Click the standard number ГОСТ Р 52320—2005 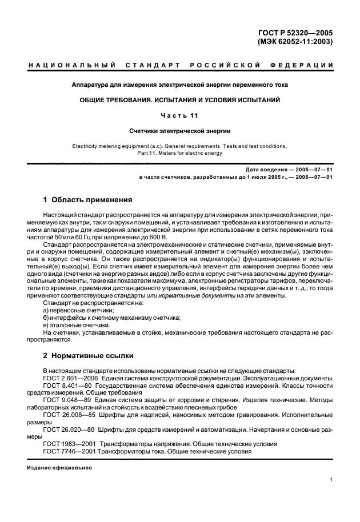click(297, 33)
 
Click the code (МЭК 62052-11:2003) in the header click(296, 42)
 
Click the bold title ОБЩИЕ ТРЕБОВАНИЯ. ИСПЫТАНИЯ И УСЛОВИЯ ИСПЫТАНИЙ click(179, 100)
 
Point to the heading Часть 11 click(179, 115)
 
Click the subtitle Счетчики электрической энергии click(179, 130)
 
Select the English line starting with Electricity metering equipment click(179, 146)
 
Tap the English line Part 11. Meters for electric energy click(179, 152)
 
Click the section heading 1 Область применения click(88, 200)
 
